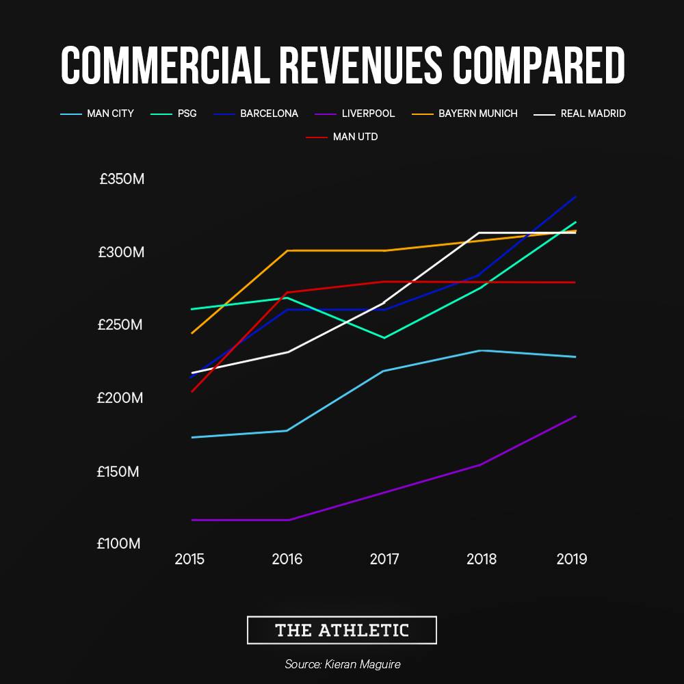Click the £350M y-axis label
(122, 180)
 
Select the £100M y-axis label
(119, 544)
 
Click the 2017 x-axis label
(384, 560)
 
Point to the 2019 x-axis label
(572, 560)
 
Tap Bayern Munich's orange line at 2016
(287, 250)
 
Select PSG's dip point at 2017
(384, 338)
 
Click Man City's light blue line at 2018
(481, 350)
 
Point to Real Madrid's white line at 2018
(481, 233)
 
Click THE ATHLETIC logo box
(341, 630)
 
